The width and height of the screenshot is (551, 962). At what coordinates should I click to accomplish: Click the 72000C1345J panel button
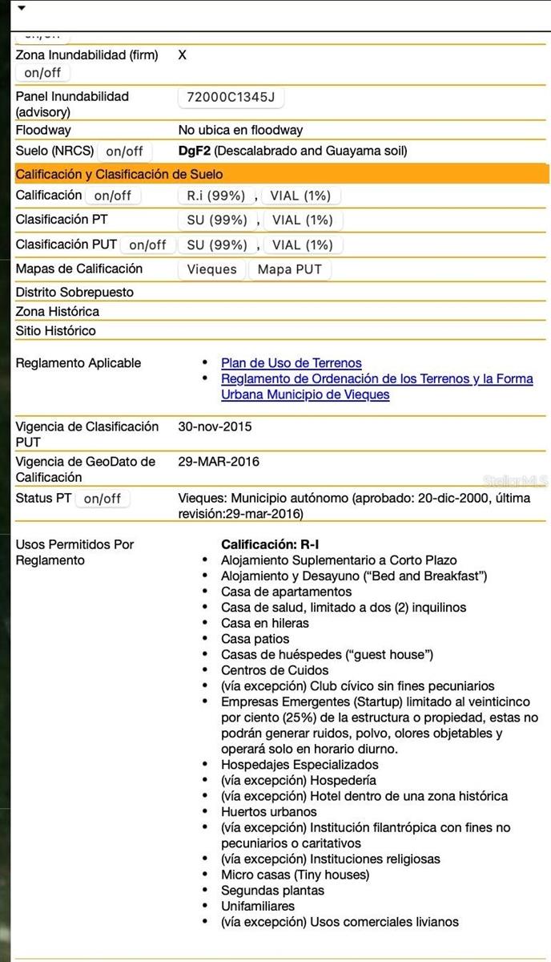(x=231, y=98)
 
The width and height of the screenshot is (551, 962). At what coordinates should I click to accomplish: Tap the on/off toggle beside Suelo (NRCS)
(x=124, y=151)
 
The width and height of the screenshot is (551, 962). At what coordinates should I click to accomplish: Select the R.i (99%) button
(x=215, y=196)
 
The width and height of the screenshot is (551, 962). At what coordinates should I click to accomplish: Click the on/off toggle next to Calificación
(x=112, y=196)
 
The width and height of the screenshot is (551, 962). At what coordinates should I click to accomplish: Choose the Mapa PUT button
(x=289, y=269)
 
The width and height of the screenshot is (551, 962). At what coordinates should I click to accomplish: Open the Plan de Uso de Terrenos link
(x=291, y=363)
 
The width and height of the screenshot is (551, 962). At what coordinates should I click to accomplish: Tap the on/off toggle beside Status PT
(x=102, y=499)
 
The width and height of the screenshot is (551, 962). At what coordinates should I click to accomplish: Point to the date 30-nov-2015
(x=215, y=426)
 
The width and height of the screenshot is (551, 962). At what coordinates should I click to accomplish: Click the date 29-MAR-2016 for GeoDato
(x=219, y=462)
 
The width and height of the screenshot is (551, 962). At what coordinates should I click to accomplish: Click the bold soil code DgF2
(x=194, y=151)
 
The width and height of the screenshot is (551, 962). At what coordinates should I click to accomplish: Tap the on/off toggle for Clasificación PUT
(x=147, y=245)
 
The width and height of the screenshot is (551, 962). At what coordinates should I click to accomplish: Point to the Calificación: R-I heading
(x=270, y=544)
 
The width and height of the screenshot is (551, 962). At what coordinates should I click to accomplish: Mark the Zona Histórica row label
(x=58, y=311)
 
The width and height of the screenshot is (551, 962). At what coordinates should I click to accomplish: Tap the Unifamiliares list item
(x=258, y=906)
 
